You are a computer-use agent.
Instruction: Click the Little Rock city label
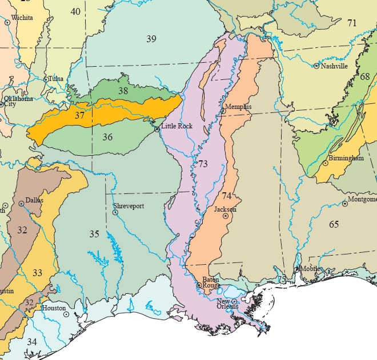coord(177,126)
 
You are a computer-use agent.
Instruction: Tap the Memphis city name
coord(238,107)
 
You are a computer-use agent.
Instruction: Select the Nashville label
coord(334,66)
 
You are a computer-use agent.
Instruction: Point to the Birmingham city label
coord(346,158)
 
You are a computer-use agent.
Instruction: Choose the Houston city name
coord(54,308)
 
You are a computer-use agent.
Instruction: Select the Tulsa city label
coord(56,79)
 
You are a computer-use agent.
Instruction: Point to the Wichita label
coord(22,18)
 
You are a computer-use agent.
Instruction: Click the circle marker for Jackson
coord(226,216)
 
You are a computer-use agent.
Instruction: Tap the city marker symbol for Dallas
coord(21,203)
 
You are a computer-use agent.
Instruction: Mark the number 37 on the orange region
coord(79,115)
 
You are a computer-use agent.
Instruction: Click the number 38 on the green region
coord(123,90)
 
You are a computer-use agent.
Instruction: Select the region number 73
coord(203,164)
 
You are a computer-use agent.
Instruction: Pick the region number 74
coord(227,196)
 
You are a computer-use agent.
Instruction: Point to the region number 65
coord(334,224)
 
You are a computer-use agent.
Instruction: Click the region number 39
coord(151,39)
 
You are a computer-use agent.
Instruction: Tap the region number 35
coord(94,233)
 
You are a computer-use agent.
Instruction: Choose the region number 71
coord(352,23)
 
